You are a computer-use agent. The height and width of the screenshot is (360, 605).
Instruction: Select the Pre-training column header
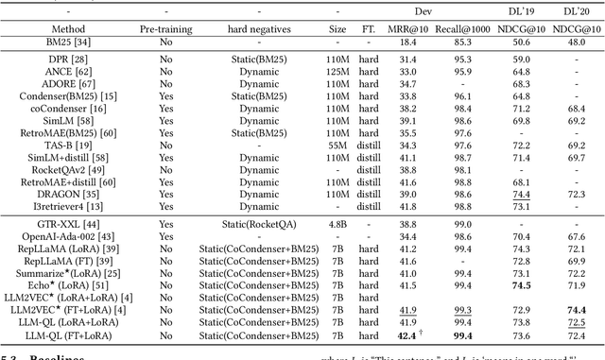pos(166,29)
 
